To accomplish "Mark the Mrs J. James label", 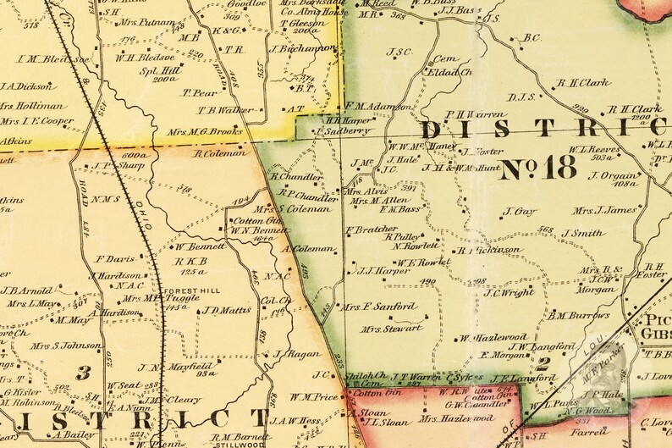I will coord(603,210).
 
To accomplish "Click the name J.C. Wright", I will coord(509,293).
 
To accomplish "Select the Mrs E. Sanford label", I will coord(379,306).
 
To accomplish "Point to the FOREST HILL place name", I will coord(197,290).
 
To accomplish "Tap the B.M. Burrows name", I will coord(579,315).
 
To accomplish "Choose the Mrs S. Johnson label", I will coord(66,346).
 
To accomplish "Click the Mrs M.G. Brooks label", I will coord(205,131).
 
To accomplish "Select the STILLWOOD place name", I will coord(237,440).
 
